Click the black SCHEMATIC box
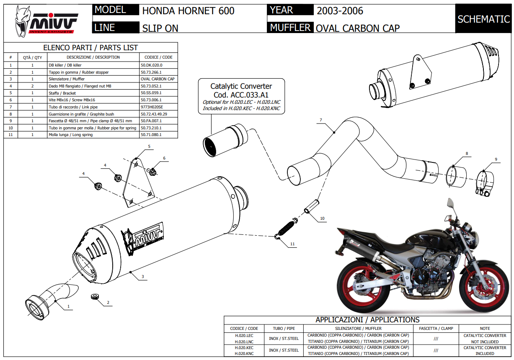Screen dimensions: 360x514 (x=483, y=19)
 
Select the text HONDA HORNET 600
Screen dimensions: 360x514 (x=188, y=10)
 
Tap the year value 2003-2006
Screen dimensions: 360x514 (x=340, y=10)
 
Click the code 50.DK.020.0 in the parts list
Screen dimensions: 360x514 (x=152, y=65)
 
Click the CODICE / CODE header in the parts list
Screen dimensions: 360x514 (x=158, y=57)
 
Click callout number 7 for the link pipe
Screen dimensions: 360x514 (x=320, y=121)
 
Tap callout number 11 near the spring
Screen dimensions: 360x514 (x=292, y=244)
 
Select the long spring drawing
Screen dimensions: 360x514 (x=286, y=229)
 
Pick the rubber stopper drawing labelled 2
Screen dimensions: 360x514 (x=95, y=297)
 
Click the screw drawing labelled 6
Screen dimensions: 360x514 (x=152, y=171)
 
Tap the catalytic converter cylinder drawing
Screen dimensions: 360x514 (x=223, y=139)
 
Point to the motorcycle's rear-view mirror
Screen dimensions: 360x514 (x=451, y=203)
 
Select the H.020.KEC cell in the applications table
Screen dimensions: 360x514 (x=244, y=347)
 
